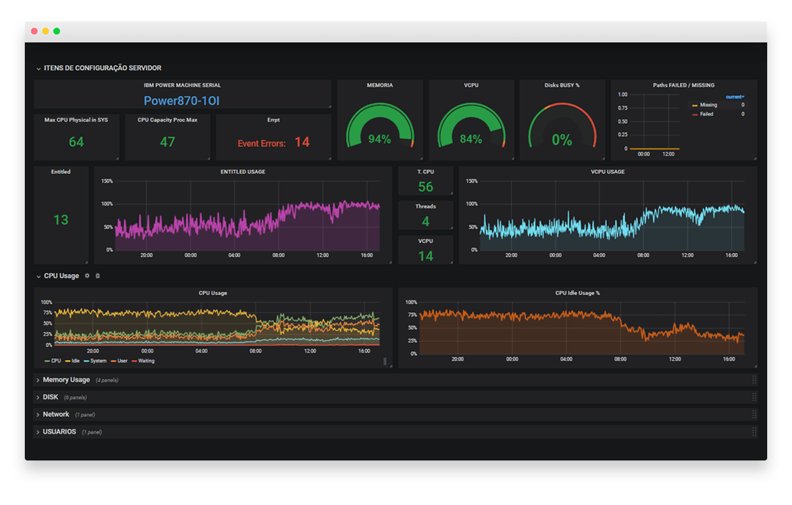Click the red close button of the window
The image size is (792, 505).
pyautogui.click(x=34, y=31)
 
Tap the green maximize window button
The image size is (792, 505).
pyautogui.click(x=57, y=31)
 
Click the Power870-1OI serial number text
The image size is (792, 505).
pyautogui.click(x=181, y=100)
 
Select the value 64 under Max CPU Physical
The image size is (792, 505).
pyautogui.click(x=76, y=142)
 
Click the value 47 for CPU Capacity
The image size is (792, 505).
pyautogui.click(x=167, y=142)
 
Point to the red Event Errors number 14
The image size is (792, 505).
pyautogui.click(x=302, y=142)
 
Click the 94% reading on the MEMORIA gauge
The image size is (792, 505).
pyautogui.click(x=380, y=139)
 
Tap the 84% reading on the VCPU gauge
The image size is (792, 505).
pyautogui.click(x=471, y=139)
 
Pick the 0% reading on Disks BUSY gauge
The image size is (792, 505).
pyautogui.click(x=562, y=139)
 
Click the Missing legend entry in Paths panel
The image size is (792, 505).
pyautogui.click(x=708, y=105)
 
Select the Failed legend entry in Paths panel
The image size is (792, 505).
pyautogui.click(x=706, y=114)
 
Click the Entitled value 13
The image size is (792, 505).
pyautogui.click(x=60, y=220)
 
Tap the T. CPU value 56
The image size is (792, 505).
pyautogui.click(x=426, y=187)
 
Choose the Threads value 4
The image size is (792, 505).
pyautogui.click(x=426, y=221)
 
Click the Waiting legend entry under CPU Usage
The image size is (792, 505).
pyautogui.click(x=146, y=361)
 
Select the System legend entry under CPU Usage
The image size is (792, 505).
pyautogui.click(x=98, y=361)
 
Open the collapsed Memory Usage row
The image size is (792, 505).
pyautogui.click(x=66, y=380)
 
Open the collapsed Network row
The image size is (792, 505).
pyautogui.click(x=56, y=414)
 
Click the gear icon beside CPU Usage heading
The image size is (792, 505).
pyautogui.click(x=87, y=276)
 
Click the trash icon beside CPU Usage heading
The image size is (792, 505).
pyautogui.click(x=97, y=276)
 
